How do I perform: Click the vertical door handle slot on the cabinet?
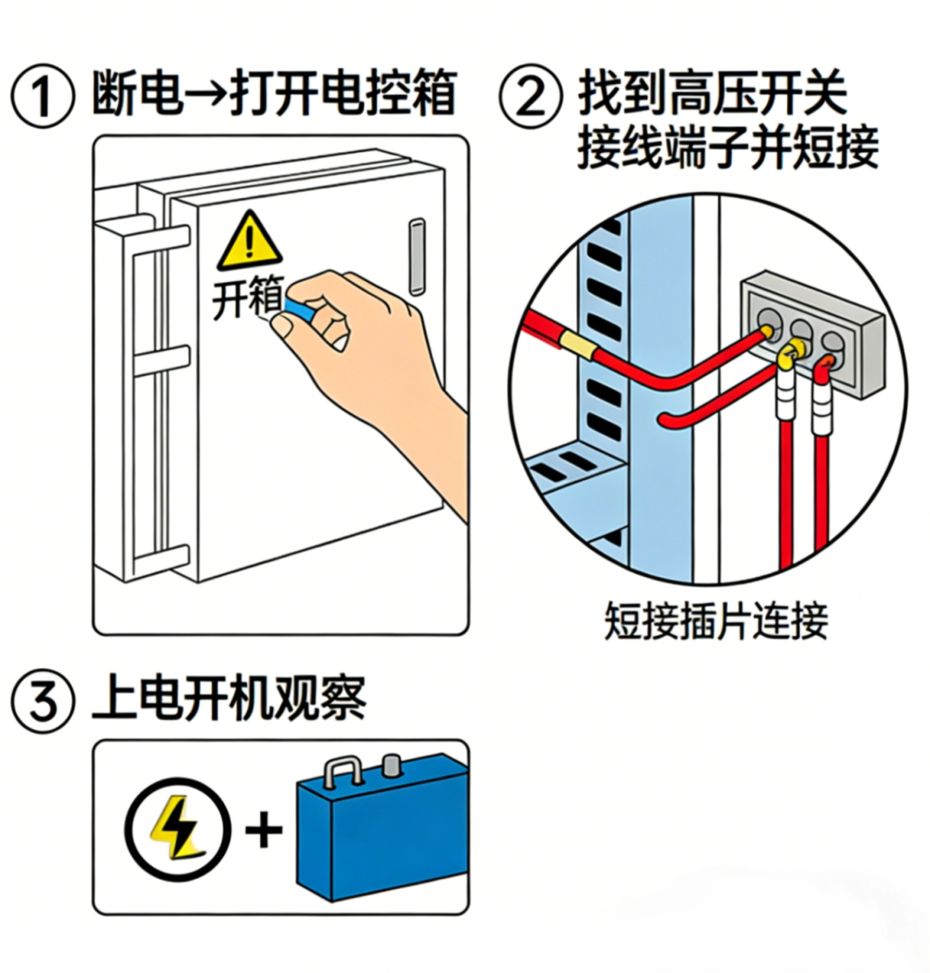point(417,256)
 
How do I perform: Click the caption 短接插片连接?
point(716,619)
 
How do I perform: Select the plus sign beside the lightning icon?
point(263,831)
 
